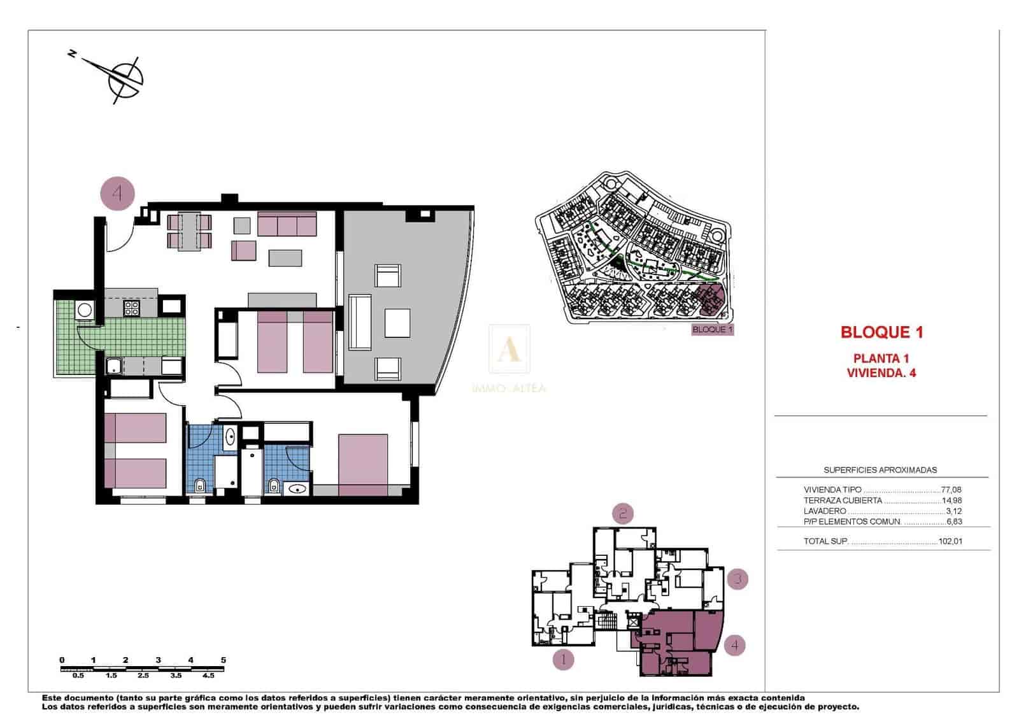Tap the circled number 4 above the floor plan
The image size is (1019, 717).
tap(118, 192)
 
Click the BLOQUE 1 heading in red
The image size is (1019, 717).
tap(881, 332)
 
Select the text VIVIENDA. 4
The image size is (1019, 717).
tap(881, 373)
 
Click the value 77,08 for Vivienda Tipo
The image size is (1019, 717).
tap(951, 490)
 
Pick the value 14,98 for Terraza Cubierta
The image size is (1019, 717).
tap(951, 500)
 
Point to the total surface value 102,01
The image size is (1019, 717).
tap(950, 542)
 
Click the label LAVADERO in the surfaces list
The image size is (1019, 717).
tap(825, 511)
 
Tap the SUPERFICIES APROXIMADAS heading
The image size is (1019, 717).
tap(880, 470)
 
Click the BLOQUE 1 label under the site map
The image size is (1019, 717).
tap(712, 330)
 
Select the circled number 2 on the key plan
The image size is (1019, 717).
tap(623, 513)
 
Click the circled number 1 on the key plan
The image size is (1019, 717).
tap(563, 660)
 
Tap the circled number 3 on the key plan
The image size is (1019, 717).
tap(738, 579)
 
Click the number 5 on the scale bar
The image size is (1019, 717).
tap(223, 660)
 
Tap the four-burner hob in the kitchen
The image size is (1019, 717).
tap(132, 308)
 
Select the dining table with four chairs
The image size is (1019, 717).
tap(189, 231)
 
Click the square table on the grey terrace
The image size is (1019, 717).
tap(397, 323)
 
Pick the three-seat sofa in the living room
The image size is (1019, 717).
tap(287, 224)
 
